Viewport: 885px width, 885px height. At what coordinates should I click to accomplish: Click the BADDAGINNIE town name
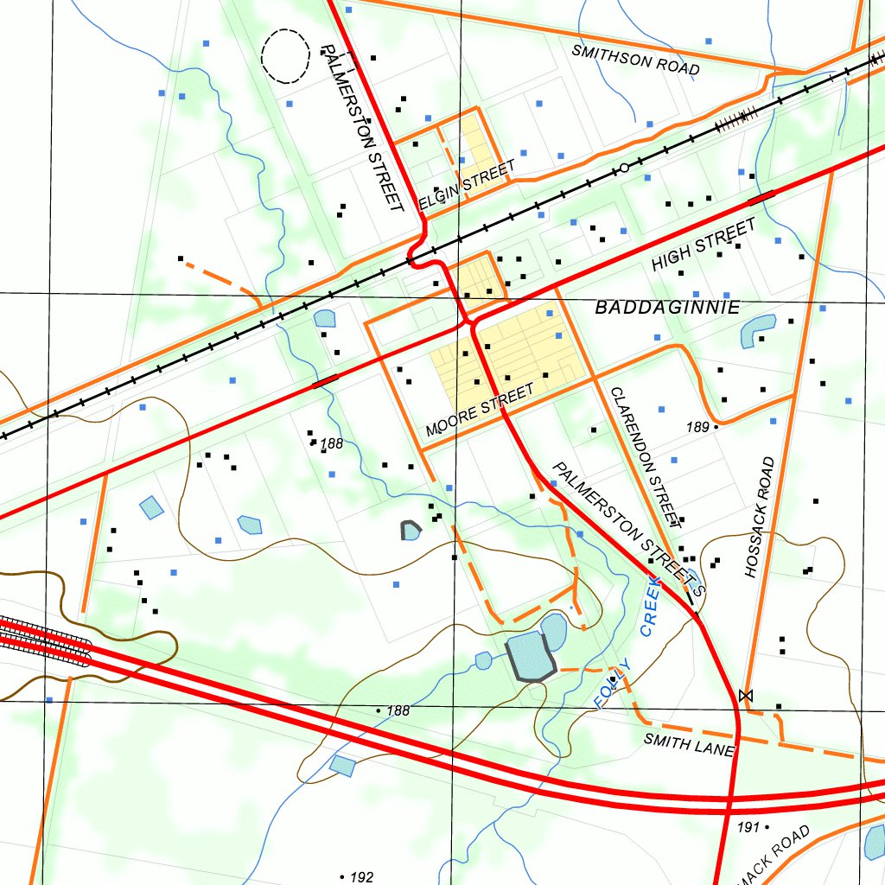tap(667, 307)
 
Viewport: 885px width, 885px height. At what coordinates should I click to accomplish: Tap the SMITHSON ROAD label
tap(635, 60)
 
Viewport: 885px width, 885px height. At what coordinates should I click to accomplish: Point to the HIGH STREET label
tap(704, 245)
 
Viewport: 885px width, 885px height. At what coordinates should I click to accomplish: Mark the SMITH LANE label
tap(689, 743)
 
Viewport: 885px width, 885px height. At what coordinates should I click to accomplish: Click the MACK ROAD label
tap(775, 856)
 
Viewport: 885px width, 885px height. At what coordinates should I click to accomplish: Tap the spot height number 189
tap(697, 427)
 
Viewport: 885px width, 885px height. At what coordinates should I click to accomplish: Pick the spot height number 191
tap(748, 827)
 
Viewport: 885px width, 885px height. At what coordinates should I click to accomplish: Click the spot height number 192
tap(361, 877)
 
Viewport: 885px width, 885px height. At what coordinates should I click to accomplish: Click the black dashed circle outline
tap(285, 56)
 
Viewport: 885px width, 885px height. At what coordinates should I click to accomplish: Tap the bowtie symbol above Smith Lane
tap(746, 695)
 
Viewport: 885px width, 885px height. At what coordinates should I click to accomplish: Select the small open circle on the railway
tap(624, 169)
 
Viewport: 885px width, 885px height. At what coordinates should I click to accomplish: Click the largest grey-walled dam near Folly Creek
tap(529, 656)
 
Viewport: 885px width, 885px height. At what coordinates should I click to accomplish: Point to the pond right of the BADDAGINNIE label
tap(758, 329)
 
